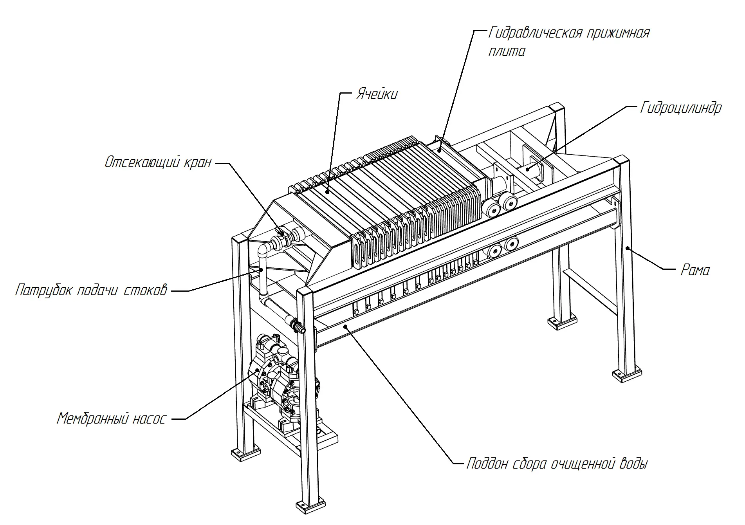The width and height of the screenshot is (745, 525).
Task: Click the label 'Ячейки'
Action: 377,94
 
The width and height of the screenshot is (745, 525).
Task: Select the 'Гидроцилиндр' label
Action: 680,108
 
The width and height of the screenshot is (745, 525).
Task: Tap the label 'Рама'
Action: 695,270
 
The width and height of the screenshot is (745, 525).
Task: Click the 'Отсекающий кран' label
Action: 158,162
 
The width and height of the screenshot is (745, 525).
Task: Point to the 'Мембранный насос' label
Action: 112,419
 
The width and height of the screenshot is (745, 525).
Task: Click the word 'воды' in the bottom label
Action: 634,464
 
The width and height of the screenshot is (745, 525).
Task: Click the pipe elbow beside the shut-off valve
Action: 265,249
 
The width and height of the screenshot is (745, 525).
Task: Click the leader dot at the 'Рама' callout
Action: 627,248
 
